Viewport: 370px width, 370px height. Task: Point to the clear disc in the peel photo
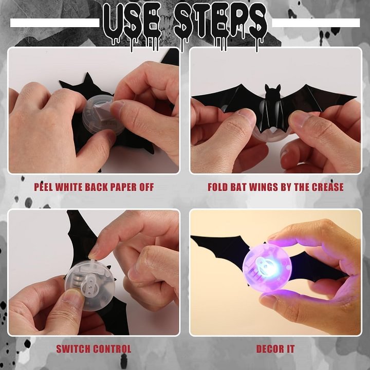tap(103, 113)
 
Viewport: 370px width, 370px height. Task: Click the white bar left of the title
tap(54, 23)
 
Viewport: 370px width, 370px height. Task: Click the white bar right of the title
tap(316, 23)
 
